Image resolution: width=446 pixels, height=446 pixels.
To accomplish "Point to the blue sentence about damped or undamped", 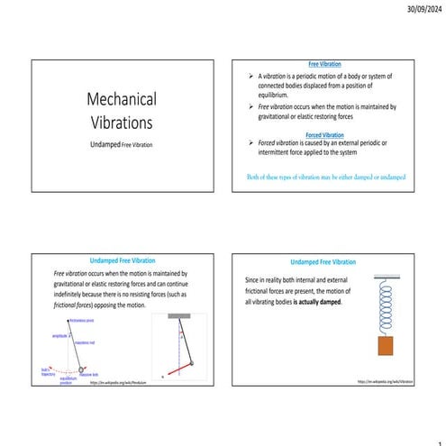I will [325, 177].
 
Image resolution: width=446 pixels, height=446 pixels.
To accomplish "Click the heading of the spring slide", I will [323, 261].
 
